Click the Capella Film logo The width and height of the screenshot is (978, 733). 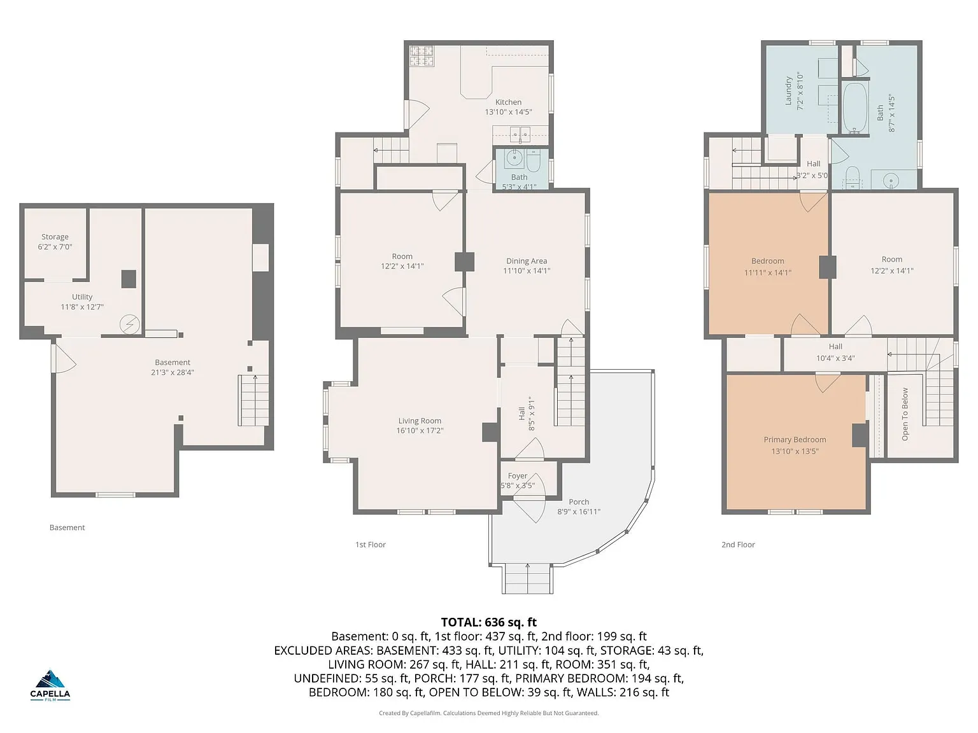[50, 685]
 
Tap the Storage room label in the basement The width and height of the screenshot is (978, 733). [55, 237]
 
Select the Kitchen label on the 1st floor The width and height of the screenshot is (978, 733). [508, 102]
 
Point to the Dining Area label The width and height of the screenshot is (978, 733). [526, 261]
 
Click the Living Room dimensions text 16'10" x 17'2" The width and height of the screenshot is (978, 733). [420, 430]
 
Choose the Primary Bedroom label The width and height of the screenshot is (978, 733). [795, 439]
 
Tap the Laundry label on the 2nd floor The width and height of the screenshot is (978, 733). [788, 91]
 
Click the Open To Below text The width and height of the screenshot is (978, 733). [905, 414]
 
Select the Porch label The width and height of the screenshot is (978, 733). [579, 501]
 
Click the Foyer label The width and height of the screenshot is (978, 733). [517, 476]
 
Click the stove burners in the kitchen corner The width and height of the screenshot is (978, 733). [422, 56]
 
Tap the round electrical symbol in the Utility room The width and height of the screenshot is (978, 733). [130, 325]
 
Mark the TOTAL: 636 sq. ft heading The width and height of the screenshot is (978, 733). [489, 622]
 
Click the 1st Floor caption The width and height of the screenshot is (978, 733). [371, 544]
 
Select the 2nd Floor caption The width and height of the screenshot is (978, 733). [738, 544]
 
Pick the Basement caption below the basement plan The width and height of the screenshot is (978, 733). [67, 527]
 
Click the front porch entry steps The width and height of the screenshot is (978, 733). [528, 578]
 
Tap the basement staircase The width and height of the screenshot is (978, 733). [253, 400]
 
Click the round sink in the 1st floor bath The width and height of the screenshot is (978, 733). [514, 157]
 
